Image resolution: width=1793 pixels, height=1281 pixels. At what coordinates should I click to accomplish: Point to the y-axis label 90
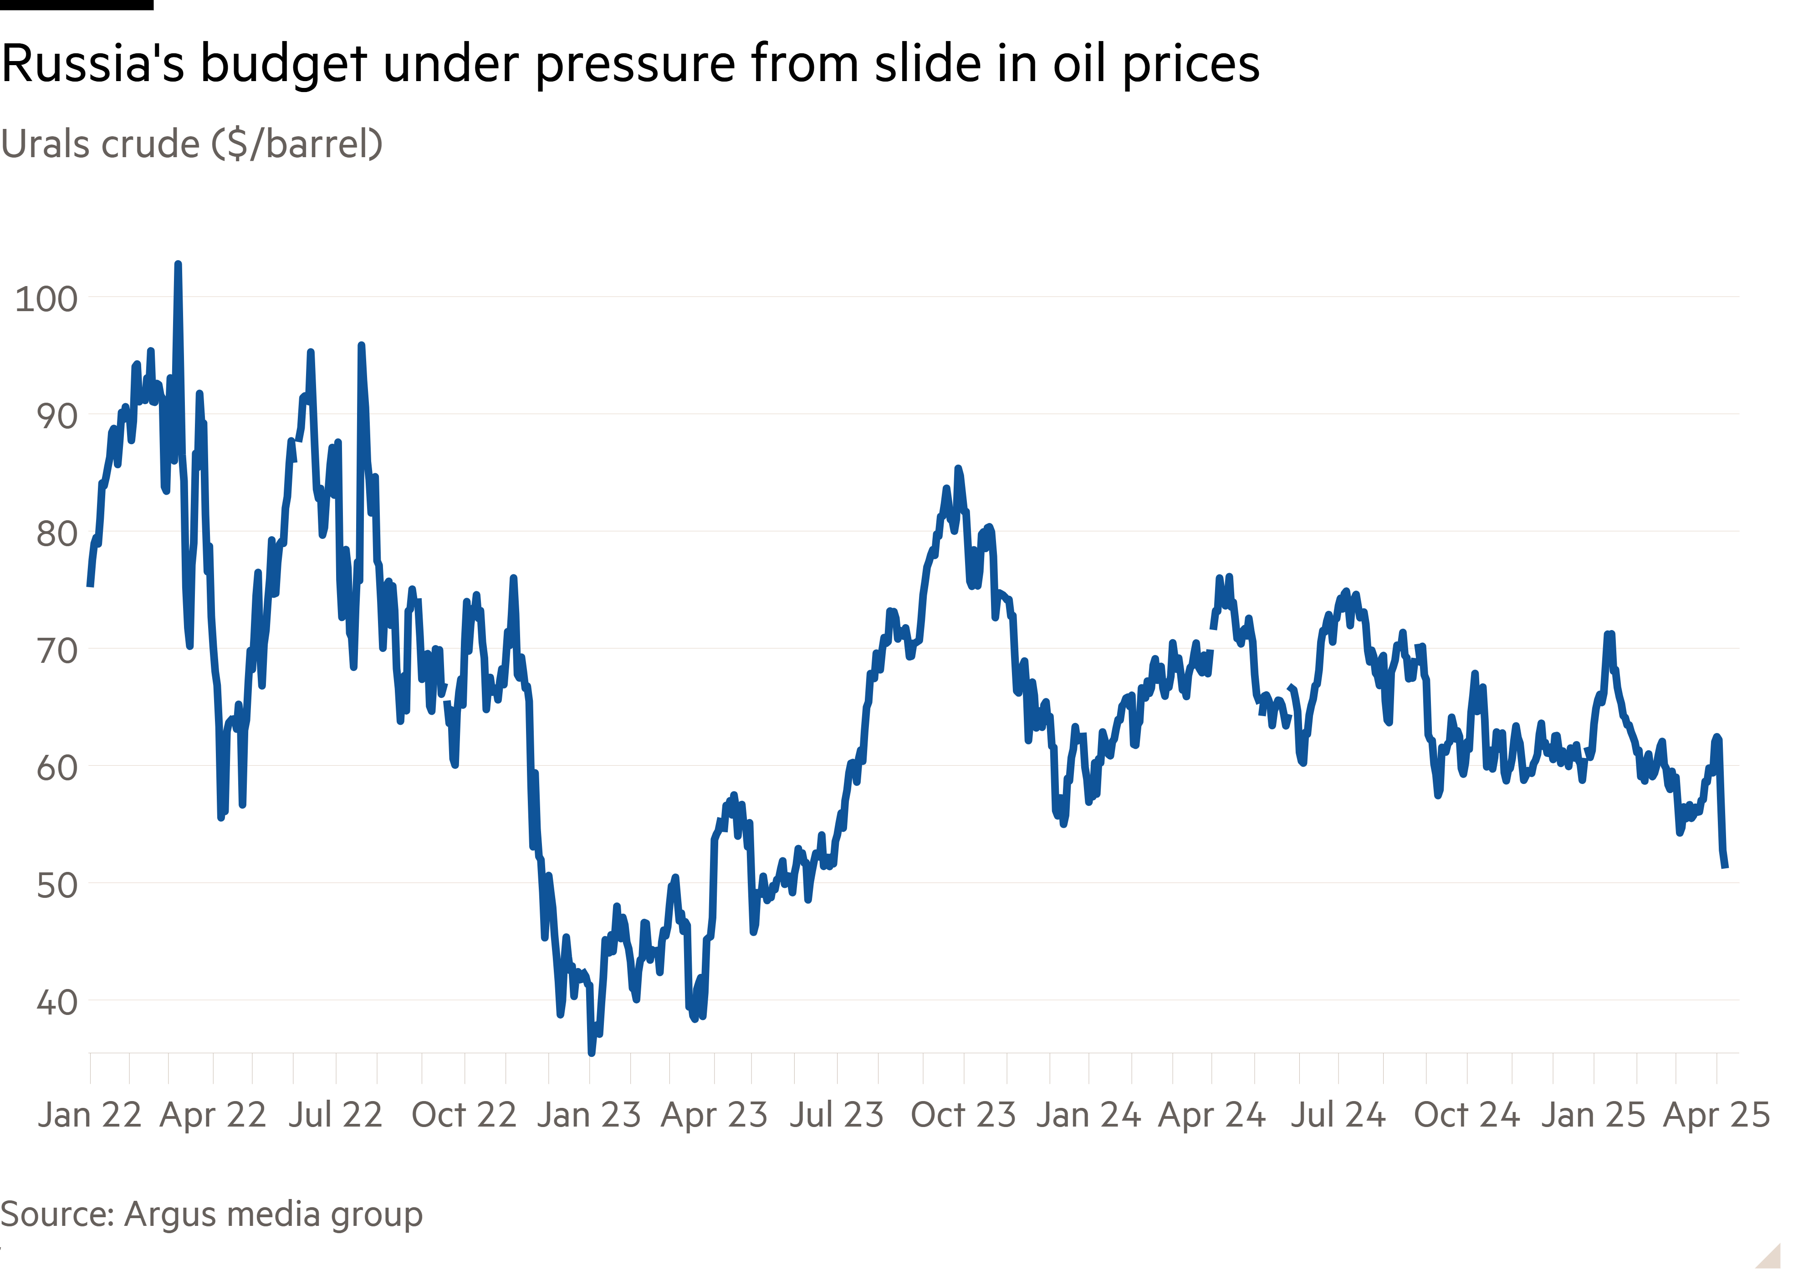pyautogui.click(x=57, y=416)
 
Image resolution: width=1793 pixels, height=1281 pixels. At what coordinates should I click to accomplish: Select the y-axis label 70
pyautogui.click(x=57, y=651)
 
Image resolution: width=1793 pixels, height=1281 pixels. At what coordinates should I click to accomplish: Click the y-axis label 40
pyautogui.click(x=57, y=1003)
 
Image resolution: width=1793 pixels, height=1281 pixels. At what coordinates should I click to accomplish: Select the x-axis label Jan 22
pyautogui.click(x=90, y=1115)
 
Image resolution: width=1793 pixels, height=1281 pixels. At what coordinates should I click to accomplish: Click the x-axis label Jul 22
pyautogui.click(x=335, y=1115)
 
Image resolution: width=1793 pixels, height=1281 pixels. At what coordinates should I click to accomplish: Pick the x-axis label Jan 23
pyautogui.click(x=589, y=1115)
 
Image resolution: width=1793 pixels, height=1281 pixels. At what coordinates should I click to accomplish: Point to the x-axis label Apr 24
pyautogui.click(x=1212, y=1115)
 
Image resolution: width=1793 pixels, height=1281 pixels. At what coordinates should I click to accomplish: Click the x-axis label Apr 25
pyautogui.click(x=1716, y=1115)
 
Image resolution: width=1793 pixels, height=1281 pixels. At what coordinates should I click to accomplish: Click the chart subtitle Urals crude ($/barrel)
pyautogui.click(x=192, y=144)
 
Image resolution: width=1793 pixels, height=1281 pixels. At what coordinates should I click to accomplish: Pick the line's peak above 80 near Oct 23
pyautogui.click(x=958, y=469)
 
